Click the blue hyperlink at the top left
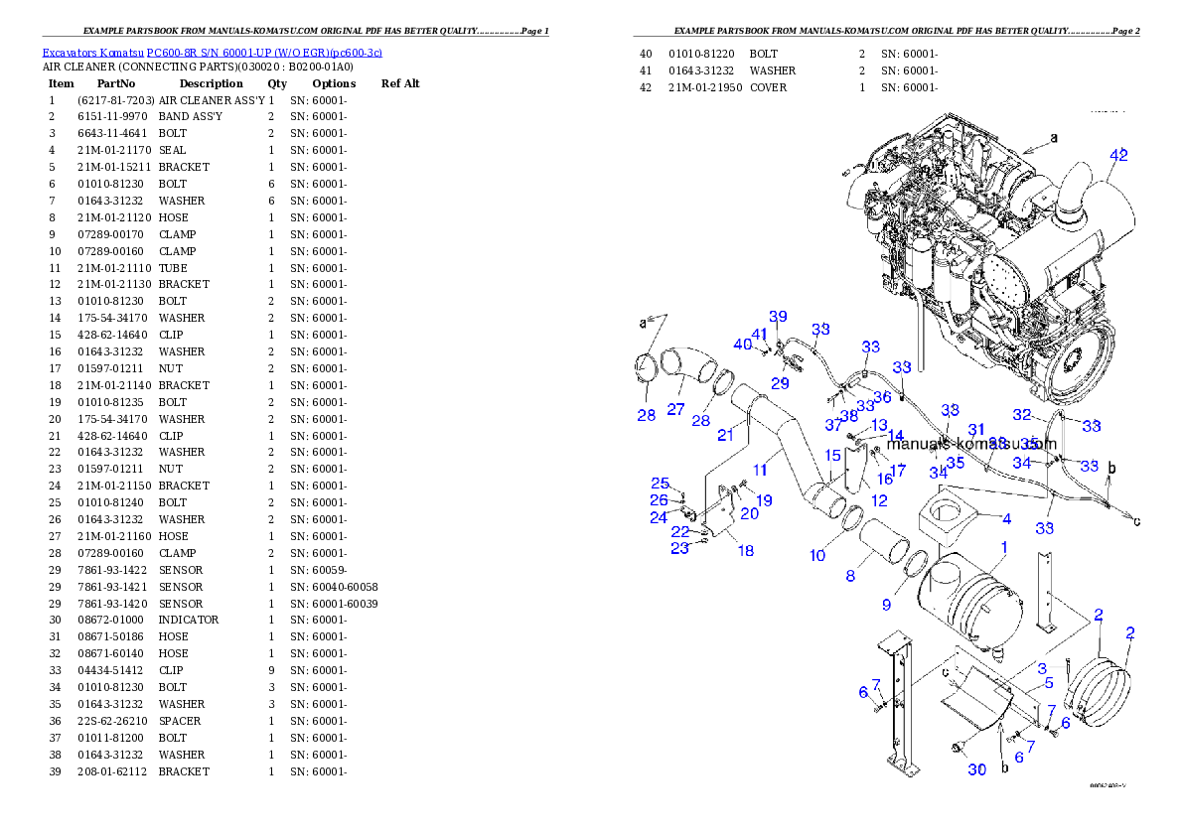pos(212,52)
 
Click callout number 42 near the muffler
pos(1118,156)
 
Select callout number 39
pos(778,316)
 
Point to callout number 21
pos(725,435)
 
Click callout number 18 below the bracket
pos(745,550)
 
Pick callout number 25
pos(660,483)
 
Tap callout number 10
pos(816,555)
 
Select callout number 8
pos(849,575)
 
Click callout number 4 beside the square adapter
pos(1006,518)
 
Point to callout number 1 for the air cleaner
pos(1003,547)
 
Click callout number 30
pos(977,769)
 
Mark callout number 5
pos(1048,683)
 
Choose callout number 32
pos(1022,415)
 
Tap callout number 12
pos(878,500)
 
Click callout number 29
pos(780,383)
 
